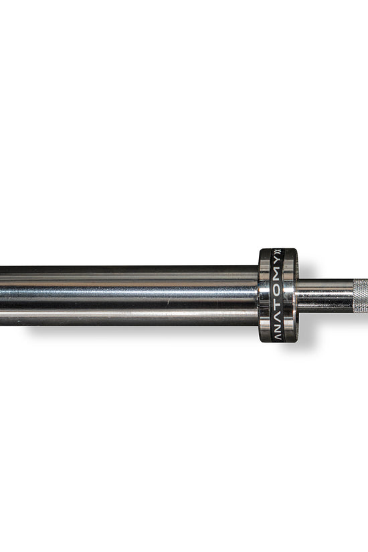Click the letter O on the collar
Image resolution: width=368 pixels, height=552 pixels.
(x=278, y=291)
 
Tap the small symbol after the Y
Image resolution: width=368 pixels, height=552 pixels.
(x=277, y=253)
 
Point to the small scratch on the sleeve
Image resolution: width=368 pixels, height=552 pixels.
(x=169, y=302)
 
